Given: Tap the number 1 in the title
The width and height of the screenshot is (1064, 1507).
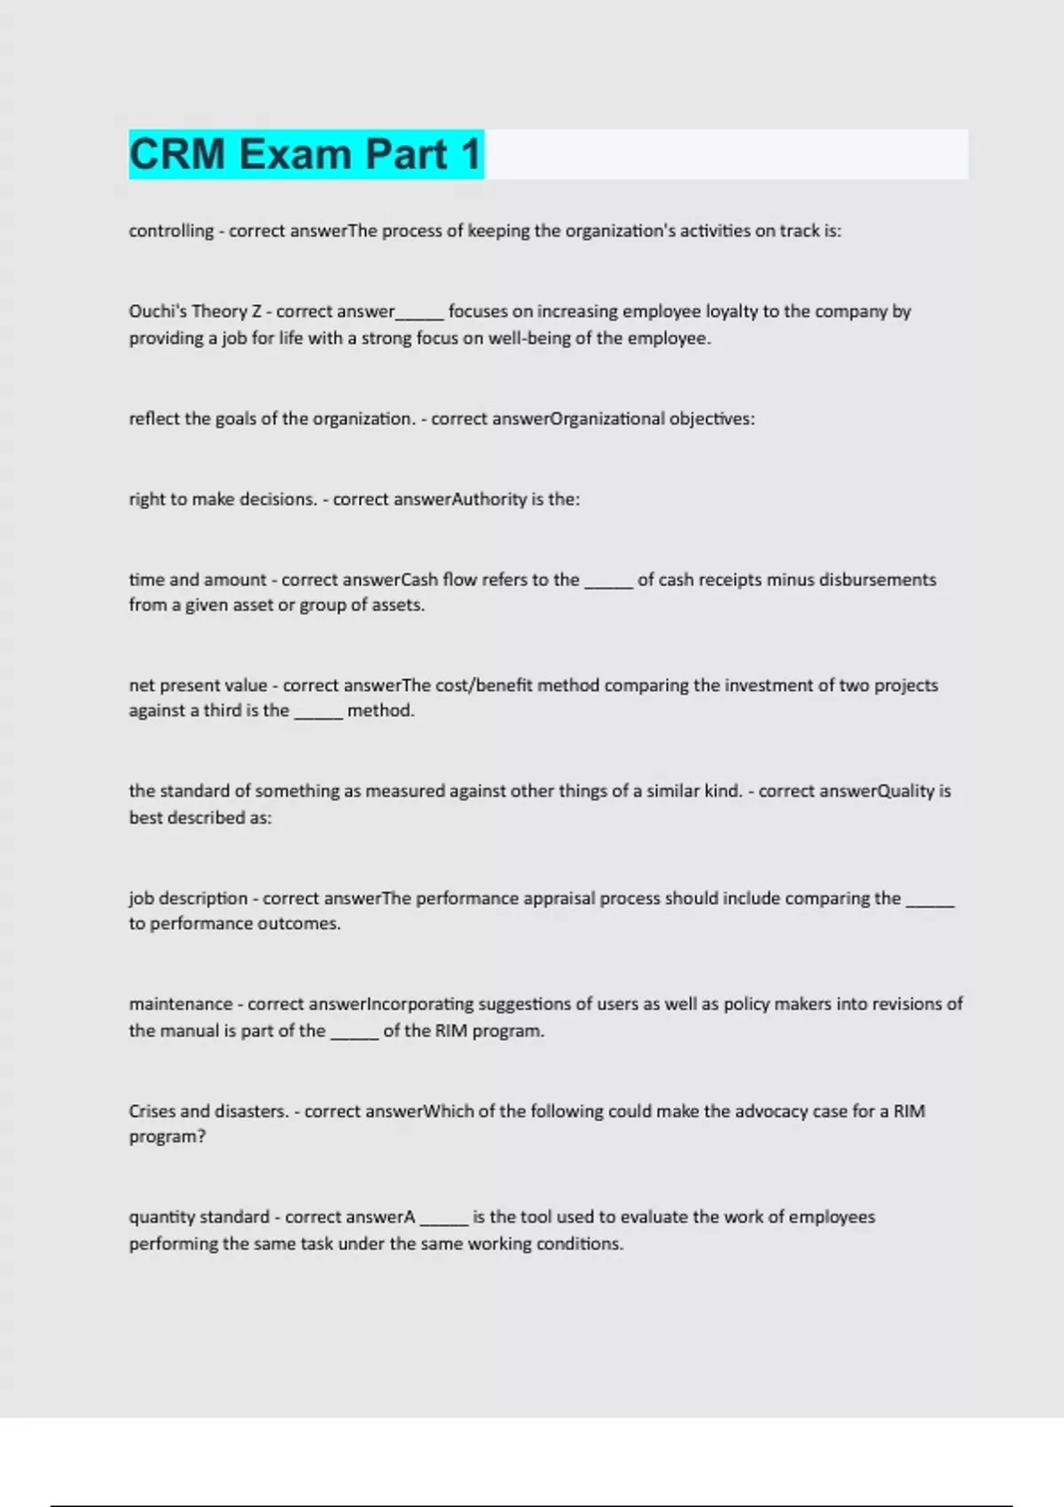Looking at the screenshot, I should click(x=470, y=154).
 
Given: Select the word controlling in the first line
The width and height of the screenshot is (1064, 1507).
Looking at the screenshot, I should click(x=171, y=231).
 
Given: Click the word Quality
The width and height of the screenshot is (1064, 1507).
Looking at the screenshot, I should click(x=905, y=791).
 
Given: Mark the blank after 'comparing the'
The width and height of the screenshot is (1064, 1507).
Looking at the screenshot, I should click(x=930, y=901).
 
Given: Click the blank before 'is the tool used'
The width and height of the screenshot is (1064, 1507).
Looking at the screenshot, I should click(x=443, y=1220).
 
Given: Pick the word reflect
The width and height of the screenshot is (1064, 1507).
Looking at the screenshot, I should click(x=154, y=418).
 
